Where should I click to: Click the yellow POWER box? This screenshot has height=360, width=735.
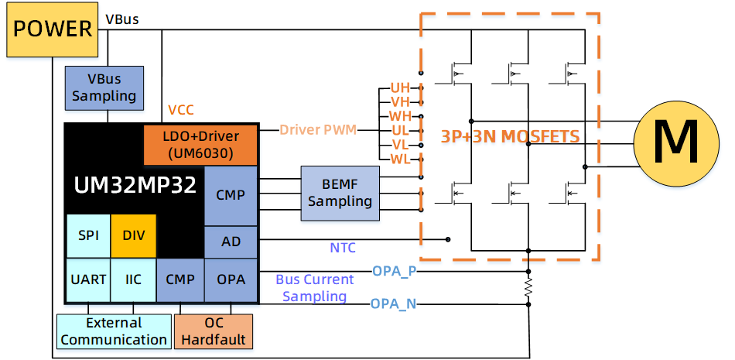[x=53, y=31]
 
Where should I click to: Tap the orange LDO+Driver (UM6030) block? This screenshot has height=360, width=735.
[x=200, y=145]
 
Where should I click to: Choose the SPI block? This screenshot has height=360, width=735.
[x=89, y=235]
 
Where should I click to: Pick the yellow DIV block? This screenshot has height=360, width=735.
[x=134, y=235]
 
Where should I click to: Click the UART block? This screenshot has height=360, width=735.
[x=88, y=279]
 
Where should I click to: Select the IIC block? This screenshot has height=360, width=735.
[x=134, y=279]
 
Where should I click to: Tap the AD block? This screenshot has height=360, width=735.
[x=231, y=242]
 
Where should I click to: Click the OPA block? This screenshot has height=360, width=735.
[x=231, y=279]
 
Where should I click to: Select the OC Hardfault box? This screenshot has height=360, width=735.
[x=214, y=331]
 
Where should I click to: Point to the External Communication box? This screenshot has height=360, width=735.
[x=114, y=331]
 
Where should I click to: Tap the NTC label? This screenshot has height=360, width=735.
[x=343, y=248]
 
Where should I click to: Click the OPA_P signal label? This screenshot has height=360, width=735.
[x=395, y=271]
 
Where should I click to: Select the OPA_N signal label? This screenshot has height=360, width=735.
[x=393, y=303]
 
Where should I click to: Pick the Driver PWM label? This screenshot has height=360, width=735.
[x=318, y=130]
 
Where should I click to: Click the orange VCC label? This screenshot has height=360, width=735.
[x=181, y=110]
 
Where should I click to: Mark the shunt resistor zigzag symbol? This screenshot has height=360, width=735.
[x=529, y=288]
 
